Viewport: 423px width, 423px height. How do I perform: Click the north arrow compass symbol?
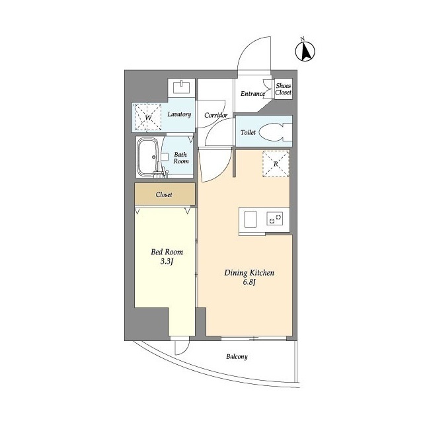[305, 51]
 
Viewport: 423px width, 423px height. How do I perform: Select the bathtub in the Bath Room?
[147, 157]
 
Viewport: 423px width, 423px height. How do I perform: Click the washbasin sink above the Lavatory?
[181, 87]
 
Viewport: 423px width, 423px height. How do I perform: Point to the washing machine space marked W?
[148, 117]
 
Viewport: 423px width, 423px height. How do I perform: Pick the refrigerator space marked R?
[276, 164]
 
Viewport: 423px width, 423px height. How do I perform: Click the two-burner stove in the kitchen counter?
[275, 219]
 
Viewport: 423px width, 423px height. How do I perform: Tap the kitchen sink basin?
[250, 219]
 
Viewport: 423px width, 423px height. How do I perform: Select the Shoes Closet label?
[284, 89]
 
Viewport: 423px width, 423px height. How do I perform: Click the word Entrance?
[252, 94]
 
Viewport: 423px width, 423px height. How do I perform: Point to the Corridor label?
[215, 115]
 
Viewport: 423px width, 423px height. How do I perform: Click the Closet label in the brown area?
[164, 194]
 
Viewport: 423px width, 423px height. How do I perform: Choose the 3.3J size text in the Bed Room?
[167, 261]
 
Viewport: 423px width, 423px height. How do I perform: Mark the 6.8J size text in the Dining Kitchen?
[249, 282]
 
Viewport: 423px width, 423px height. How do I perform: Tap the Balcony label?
[237, 357]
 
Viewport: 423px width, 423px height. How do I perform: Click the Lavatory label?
[179, 114]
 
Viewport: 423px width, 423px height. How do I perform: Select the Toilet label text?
[249, 132]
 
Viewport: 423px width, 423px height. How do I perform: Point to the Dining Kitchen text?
[249, 273]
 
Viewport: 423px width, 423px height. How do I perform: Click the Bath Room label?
[181, 158]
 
